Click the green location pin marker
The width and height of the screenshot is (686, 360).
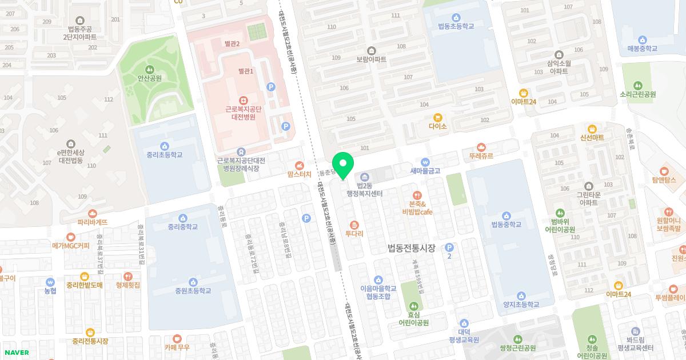pos(343,165)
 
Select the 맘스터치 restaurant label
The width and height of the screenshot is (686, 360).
pos(300,175)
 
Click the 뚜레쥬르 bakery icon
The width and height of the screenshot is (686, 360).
pos(481,147)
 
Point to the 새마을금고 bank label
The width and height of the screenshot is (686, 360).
pos(425,170)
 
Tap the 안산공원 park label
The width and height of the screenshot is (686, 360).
pos(150,78)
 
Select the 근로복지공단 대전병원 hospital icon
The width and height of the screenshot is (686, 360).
pos(243,100)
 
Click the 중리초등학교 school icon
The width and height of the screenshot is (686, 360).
pos(165,145)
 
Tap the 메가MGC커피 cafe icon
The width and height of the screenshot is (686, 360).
pos(70,237)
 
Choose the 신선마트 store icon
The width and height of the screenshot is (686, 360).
pos(592,129)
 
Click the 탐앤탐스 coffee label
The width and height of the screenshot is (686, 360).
pos(664,180)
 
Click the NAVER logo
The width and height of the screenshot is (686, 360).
pos(16,352)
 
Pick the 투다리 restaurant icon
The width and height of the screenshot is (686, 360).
pos(354,225)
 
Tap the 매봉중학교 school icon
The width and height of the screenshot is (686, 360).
pos(642,39)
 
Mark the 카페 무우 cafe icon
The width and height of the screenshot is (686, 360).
pos(177,338)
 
